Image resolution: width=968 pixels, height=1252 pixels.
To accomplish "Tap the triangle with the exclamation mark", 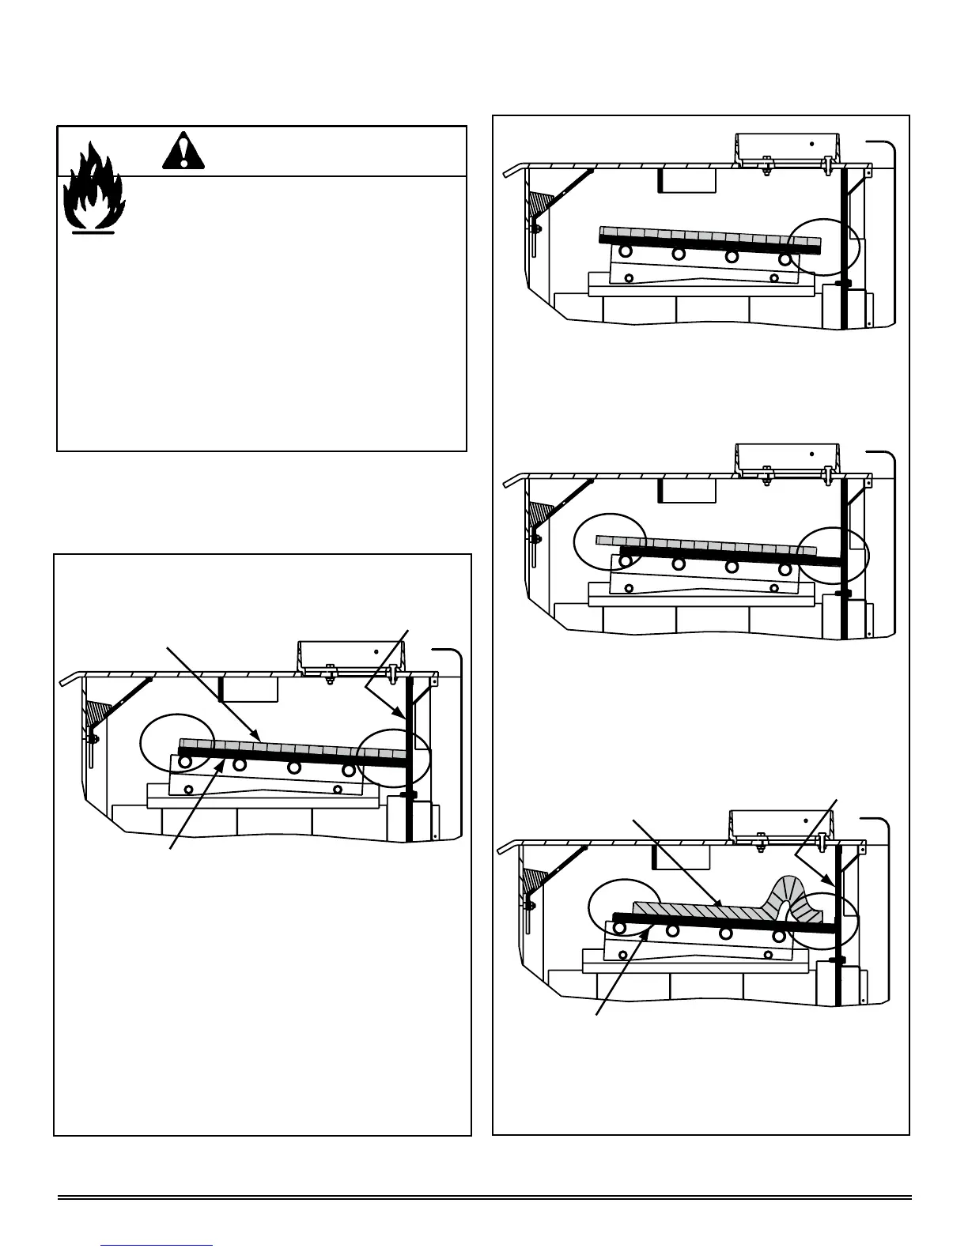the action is (x=183, y=152).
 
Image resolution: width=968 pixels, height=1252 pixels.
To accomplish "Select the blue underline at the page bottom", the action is (x=157, y=1245).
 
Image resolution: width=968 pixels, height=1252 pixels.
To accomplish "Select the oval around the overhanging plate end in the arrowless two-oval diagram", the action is (x=611, y=541).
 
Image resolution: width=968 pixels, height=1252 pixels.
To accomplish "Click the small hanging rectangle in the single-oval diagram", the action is (x=686, y=180).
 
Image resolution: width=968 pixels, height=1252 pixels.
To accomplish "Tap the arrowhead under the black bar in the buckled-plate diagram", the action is (x=650, y=928).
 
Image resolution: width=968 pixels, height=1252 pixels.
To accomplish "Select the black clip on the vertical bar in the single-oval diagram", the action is (x=844, y=282).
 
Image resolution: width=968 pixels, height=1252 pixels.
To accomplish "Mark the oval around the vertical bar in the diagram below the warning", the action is (x=394, y=757).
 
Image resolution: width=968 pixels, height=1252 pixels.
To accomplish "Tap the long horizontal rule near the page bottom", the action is (x=484, y=1198).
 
